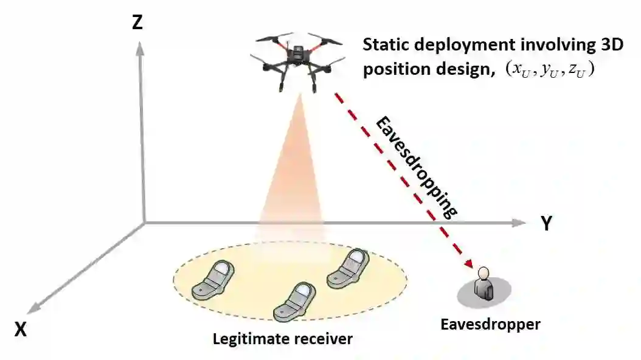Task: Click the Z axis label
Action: click(137, 22)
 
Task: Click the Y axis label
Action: click(546, 223)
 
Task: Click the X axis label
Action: click(21, 329)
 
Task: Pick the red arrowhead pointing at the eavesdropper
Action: click(469, 262)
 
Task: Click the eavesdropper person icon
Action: click(485, 283)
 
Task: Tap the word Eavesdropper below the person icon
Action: click(490, 324)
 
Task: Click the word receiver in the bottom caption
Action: click(322, 338)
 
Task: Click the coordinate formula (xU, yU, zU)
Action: click(549, 69)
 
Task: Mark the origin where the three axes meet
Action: click(144, 223)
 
